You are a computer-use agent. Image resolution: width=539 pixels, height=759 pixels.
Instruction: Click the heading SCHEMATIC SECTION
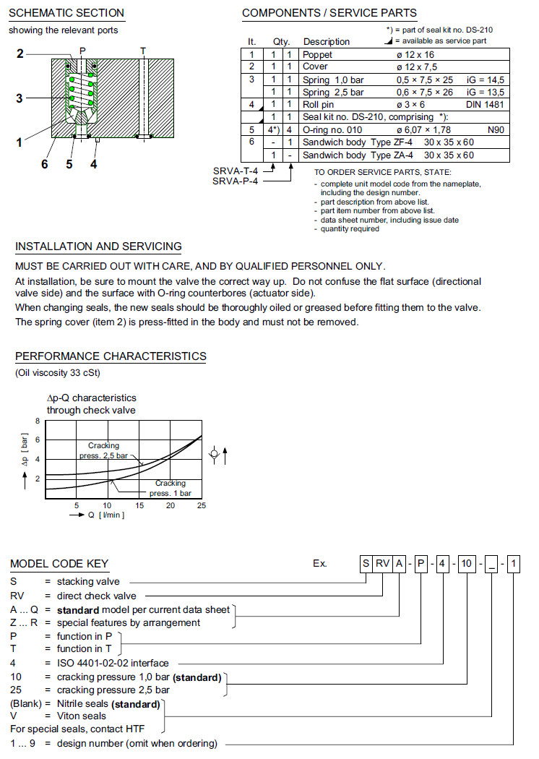tap(66, 13)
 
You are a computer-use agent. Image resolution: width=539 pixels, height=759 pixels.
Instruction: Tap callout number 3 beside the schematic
tap(20, 99)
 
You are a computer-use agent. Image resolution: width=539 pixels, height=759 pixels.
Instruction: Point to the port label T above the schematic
tap(143, 51)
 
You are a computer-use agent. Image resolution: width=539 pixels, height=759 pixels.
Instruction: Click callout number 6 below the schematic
tap(44, 164)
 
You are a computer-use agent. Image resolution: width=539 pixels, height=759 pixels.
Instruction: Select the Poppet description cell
tap(318, 54)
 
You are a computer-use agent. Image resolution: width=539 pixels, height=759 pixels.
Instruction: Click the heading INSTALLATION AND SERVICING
tap(98, 247)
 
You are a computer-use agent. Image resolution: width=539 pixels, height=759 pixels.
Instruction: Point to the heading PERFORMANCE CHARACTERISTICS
tap(111, 356)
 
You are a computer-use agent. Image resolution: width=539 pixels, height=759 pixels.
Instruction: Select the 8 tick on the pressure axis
tap(38, 421)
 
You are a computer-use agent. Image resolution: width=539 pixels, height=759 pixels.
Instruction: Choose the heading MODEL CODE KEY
tap(59, 564)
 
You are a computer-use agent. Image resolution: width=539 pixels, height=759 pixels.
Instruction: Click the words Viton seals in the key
tap(81, 716)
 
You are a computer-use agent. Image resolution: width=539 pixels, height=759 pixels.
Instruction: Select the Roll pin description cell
tap(319, 105)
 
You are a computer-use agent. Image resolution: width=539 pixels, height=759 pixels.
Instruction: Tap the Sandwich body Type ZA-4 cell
tap(347, 155)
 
